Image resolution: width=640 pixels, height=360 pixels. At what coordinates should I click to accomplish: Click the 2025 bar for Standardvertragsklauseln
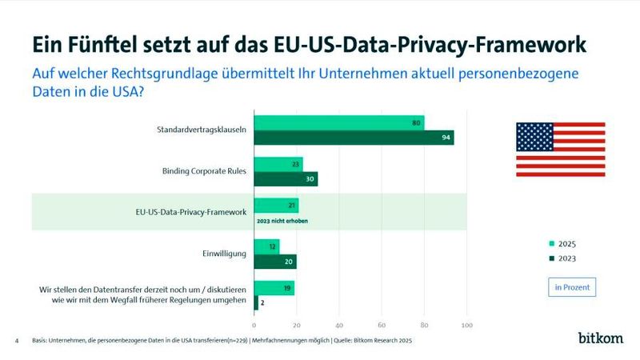coord(338,122)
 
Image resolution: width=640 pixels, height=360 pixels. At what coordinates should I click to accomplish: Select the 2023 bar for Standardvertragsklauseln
coord(354,137)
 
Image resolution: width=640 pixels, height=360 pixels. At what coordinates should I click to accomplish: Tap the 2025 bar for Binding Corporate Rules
coord(278,164)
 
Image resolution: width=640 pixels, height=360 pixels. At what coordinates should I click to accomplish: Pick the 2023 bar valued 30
coord(286,178)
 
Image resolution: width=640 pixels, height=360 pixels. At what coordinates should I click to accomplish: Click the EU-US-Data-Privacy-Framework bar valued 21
coord(276,205)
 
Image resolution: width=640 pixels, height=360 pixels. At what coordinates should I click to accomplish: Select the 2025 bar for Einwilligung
coord(266,246)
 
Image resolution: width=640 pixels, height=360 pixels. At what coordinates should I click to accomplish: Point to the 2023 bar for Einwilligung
coord(275,261)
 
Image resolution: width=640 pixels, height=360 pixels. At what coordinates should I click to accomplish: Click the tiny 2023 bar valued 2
coord(256,302)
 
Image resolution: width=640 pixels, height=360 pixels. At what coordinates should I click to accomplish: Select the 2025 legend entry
coord(562,244)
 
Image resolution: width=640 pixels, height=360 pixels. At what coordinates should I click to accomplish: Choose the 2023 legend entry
coord(562,258)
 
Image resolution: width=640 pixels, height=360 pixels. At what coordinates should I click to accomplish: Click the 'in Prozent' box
coord(571,286)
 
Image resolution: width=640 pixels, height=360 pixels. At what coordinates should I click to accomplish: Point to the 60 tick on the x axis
coord(382,325)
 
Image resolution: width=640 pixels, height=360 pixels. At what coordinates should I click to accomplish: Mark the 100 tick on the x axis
coord(467,325)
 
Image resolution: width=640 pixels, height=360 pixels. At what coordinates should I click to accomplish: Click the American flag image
coord(560,149)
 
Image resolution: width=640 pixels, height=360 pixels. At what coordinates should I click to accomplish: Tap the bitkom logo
coord(600,338)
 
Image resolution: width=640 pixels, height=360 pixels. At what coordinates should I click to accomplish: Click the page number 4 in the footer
coord(17,341)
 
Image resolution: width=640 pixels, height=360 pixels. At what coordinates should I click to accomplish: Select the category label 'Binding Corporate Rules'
coord(205,171)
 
